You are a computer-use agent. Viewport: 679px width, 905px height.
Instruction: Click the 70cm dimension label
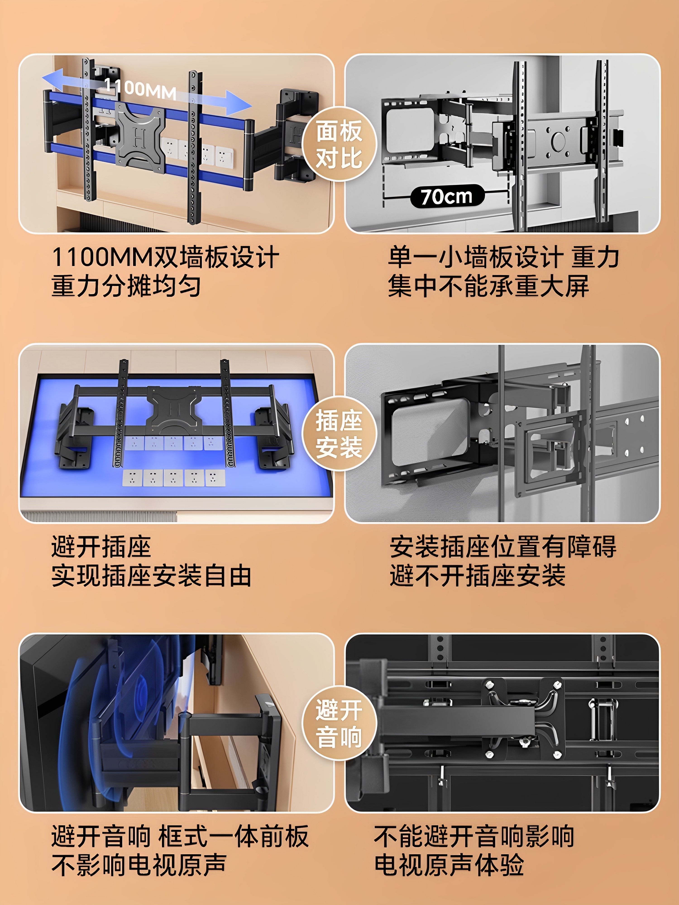point(447,196)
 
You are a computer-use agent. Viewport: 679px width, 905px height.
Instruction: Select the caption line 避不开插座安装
point(477,576)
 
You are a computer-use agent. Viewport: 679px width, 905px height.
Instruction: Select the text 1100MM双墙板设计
point(165,258)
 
